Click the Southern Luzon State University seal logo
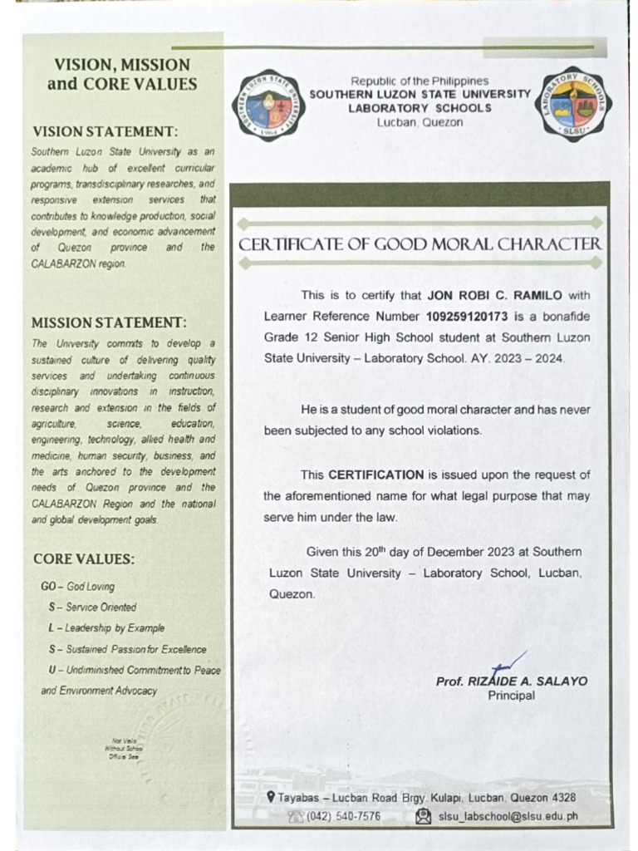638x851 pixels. [270, 106]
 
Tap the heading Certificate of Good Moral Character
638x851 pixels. [420, 244]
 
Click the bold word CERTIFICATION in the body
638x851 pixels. [376, 475]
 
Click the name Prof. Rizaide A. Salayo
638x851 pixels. [511, 681]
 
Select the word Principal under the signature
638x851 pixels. [511, 696]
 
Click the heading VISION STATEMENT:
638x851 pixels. [105, 131]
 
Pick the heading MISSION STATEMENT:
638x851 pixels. [109, 322]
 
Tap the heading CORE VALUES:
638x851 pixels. [84, 558]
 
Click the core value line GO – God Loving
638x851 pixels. [78, 587]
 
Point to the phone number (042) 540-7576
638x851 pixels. [343, 816]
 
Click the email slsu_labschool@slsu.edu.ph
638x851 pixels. [508, 816]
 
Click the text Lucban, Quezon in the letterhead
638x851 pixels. [420, 122]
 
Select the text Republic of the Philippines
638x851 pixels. [420, 81]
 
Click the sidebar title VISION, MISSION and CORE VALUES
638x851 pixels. [122, 74]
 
